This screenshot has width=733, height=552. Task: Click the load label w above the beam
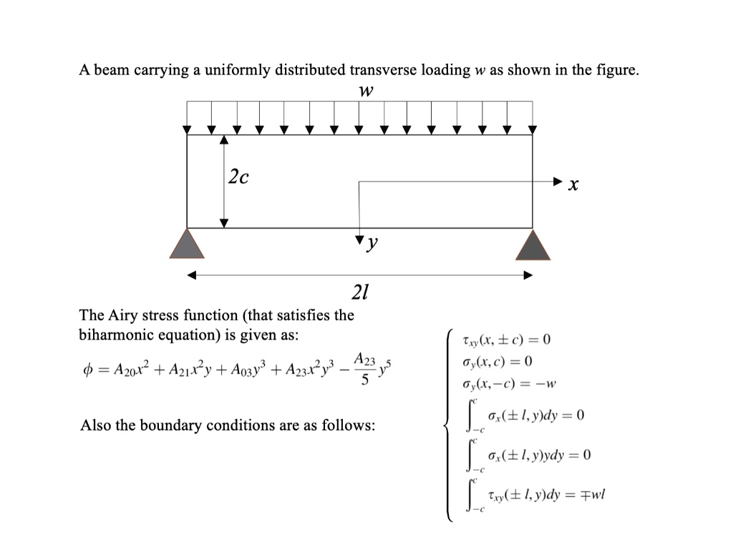click(x=366, y=92)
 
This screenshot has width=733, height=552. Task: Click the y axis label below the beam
click(x=372, y=245)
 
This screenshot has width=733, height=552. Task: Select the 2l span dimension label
click(x=359, y=292)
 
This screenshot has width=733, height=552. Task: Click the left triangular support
click(x=187, y=245)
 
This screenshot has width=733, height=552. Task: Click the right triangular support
click(x=533, y=245)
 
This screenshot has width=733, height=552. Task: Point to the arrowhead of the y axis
click(x=359, y=237)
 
